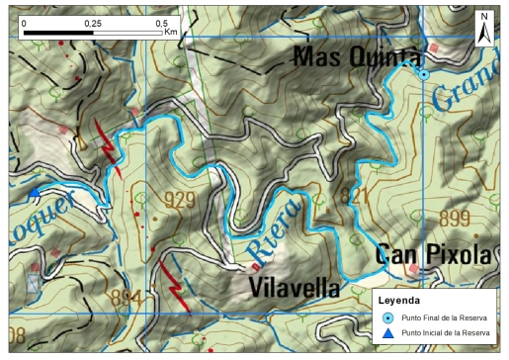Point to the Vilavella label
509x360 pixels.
point(295,288)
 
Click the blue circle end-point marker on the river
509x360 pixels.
point(424,74)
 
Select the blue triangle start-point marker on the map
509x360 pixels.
point(35,192)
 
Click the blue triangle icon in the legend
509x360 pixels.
point(388,333)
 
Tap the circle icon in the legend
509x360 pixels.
point(388,317)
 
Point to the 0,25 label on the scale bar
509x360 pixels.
point(93,21)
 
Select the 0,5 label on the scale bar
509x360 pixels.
point(163,21)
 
